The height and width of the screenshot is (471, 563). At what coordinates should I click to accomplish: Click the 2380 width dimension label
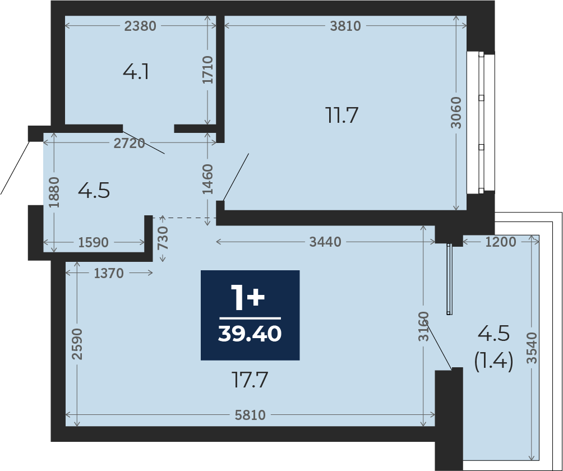point(140,26)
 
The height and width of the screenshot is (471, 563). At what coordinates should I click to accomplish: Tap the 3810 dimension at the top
point(345,26)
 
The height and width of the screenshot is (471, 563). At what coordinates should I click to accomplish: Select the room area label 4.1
point(136,72)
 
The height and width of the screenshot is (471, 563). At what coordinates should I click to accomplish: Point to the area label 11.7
point(342,116)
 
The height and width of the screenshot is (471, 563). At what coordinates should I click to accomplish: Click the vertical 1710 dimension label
point(208,70)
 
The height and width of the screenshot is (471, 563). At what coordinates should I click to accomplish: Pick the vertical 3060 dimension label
point(457,113)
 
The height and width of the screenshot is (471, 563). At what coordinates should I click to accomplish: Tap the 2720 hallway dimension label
point(129,144)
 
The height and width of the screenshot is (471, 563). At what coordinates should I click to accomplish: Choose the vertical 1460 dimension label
point(208,179)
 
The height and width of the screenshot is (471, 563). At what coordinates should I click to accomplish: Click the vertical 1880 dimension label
point(53,193)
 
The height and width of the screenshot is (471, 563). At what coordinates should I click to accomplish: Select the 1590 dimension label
point(94,243)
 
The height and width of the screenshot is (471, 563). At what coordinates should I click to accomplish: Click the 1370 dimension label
point(109,273)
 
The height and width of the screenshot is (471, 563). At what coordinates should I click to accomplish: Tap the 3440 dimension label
point(325,242)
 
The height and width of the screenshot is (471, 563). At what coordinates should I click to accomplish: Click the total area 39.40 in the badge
point(250,334)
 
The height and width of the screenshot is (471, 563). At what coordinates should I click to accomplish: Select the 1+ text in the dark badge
point(247,297)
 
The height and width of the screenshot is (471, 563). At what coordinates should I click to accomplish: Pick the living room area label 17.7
point(250,381)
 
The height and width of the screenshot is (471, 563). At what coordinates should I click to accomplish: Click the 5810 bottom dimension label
point(250,415)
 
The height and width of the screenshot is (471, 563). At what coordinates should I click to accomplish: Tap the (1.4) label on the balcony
point(493,361)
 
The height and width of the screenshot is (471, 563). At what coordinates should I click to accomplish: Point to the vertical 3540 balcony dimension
point(532,348)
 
